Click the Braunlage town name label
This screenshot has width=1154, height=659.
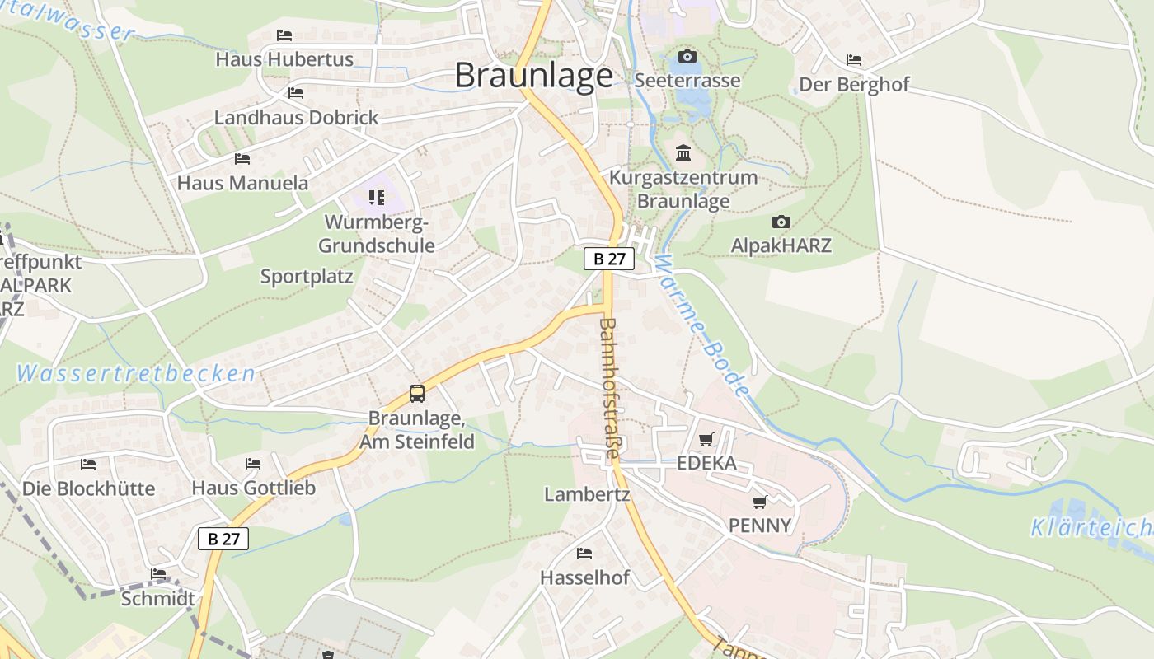[x=534, y=76]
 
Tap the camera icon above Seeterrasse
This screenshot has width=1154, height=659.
[x=687, y=56]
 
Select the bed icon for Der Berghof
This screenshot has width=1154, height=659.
[x=854, y=60]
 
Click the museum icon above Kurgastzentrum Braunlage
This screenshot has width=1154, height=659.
[x=683, y=153]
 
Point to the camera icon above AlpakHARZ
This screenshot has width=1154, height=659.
[x=781, y=222]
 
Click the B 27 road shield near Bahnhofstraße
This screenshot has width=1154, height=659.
[x=609, y=259]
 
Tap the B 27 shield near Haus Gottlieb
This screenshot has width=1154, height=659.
[x=223, y=539]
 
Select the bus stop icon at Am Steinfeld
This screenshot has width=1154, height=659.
[x=417, y=394]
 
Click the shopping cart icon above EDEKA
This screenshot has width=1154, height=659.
[x=706, y=439]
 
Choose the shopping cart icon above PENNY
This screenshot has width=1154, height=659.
[x=760, y=501]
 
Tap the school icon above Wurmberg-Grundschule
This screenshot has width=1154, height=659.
[x=377, y=198]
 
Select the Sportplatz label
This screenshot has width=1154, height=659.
[x=307, y=277]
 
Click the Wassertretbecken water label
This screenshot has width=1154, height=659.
[x=136, y=374]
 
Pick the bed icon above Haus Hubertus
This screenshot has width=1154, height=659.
[x=284, y=35]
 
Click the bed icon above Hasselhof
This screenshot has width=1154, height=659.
[x=584, y=553]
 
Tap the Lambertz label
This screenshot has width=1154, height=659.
[x=587, y=494]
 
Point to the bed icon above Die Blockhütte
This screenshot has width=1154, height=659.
[x=88, y=464]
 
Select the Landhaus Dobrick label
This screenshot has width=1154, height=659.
[x=296, y=118]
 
